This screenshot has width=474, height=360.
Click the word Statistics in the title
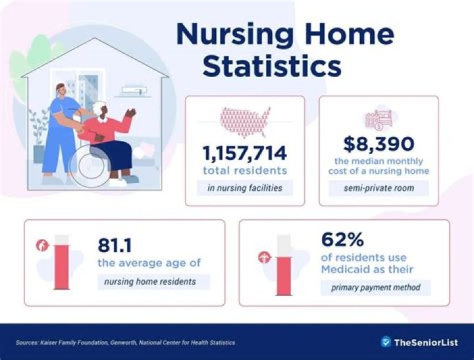coord(272,66)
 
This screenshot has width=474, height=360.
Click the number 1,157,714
coord(244,153)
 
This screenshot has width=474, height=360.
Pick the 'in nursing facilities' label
coord(244,189)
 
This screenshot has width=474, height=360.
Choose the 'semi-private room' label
coord(379,188)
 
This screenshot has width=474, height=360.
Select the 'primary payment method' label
coord(375,287)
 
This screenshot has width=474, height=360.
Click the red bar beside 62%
coord(284,270)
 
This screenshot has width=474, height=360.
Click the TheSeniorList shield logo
coord(386,342)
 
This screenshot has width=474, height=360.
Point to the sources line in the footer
coord(125,343)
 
